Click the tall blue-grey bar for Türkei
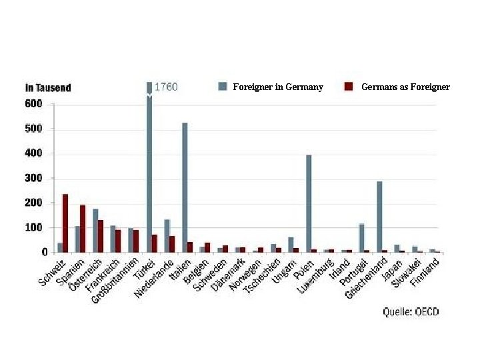pos(149,167)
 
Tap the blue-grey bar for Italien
pos(185,187)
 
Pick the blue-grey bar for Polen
pos(309,203)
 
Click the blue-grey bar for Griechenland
pos(379,217)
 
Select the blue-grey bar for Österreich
pos(95,231)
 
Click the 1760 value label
pos(166,87)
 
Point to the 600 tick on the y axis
pos(34,103)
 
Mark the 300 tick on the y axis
pos(34,178)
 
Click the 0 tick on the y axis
pos(44,252)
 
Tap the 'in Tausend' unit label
pos(48,87)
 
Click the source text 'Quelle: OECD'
pos(411,311)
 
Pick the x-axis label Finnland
pos(425,273)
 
